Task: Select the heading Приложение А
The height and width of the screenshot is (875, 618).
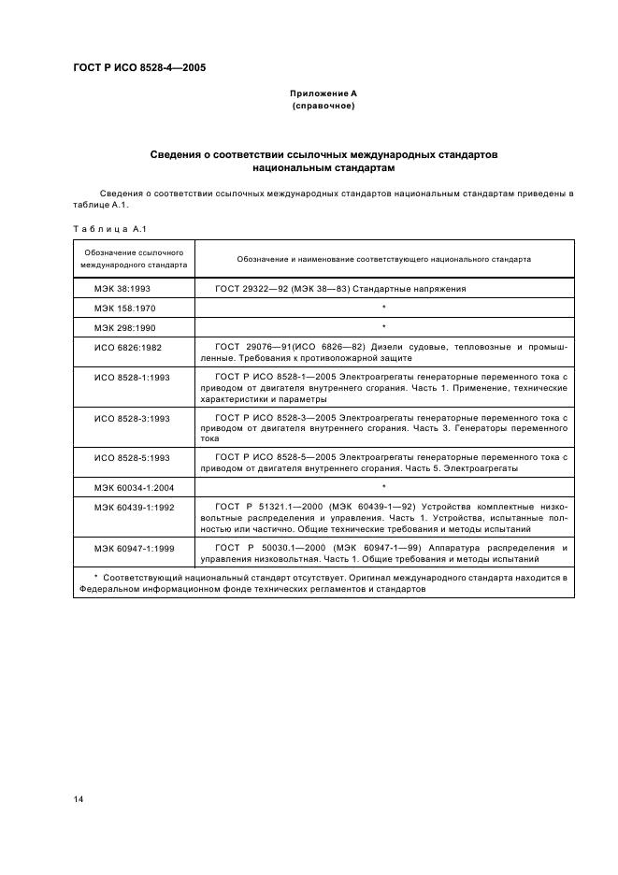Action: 323,94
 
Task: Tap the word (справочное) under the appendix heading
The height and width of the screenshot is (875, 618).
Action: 323,106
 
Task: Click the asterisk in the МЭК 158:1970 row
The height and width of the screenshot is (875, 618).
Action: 384,308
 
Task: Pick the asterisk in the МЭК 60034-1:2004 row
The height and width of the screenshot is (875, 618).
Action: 384,486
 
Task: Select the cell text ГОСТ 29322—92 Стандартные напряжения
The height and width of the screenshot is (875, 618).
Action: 340,289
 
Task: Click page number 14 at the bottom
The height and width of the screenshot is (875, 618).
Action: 79,799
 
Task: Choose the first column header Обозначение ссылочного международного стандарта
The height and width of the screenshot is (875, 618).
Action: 133,259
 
